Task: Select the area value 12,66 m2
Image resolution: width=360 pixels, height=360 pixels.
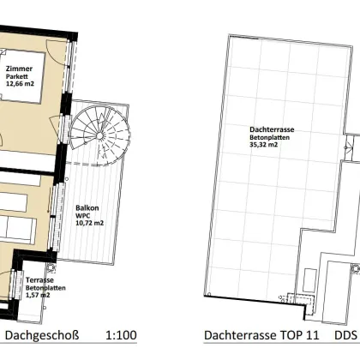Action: [x=22, y=84]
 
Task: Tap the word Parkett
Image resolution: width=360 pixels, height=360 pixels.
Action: [x=18, y=75]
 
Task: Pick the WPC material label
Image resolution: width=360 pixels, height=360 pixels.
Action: [x=82, y=216]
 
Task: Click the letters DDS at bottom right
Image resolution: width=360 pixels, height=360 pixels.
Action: [x=345, y=335]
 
